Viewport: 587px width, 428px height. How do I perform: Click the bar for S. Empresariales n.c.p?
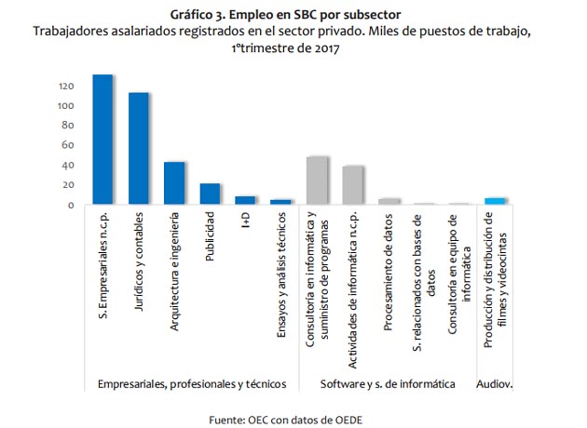(x=102, y=140)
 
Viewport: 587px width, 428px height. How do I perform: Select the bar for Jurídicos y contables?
(x=139, y=149)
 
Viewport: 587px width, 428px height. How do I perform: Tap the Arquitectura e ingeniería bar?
(x=174, y=183)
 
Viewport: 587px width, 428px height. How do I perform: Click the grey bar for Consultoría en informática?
(x=318, y=181)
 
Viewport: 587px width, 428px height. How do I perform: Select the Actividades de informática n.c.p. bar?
(x=353, y=185)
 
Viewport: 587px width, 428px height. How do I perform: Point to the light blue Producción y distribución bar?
(x=496, y=201)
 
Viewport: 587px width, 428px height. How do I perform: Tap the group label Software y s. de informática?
(x=388, y=383)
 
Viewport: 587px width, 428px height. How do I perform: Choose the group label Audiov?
(x=494, y=383)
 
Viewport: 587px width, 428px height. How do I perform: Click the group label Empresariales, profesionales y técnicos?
(x=191, y=383)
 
